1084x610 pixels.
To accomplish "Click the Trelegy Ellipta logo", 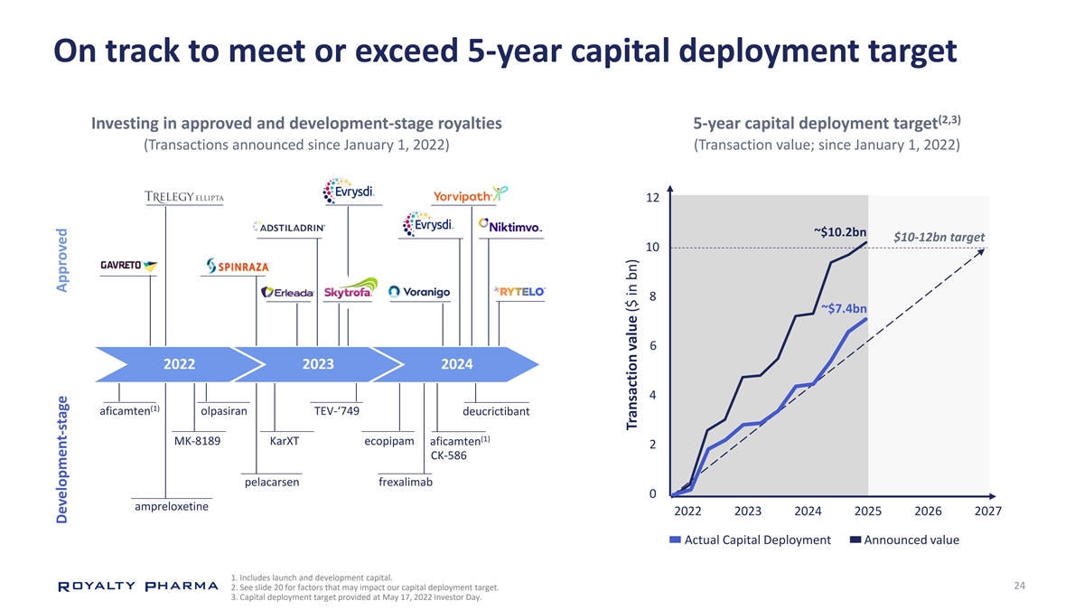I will [x=183, y=198].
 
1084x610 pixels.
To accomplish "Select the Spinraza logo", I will [x=238, y=266].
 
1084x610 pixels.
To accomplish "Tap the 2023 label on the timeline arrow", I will [x=318, y=364].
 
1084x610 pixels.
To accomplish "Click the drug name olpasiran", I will [x=223, y=412].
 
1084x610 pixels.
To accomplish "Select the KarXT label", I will [x=284, y=442].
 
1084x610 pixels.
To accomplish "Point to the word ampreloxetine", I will [x=172, y=507].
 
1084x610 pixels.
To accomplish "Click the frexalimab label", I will [x=406, y=483].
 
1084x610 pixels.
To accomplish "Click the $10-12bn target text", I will [x=939, y=237].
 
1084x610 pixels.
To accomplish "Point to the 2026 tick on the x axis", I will [x=928, y=512].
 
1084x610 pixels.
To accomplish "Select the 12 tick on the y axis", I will [x=650, y=199].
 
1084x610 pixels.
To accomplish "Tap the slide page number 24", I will [x=1019, y=587].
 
